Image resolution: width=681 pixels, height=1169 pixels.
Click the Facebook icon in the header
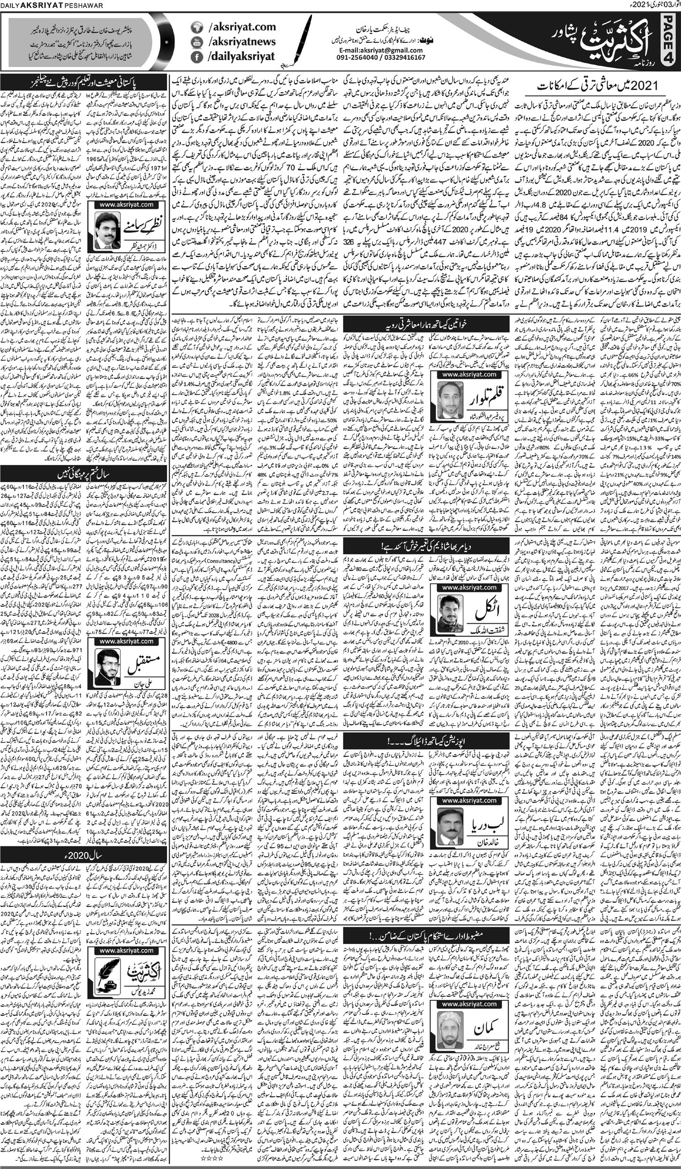click(193, 57)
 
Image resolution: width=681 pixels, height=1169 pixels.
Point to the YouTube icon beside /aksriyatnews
click(193, 42)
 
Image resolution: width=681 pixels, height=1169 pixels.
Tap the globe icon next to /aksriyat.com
click(193, 28)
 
